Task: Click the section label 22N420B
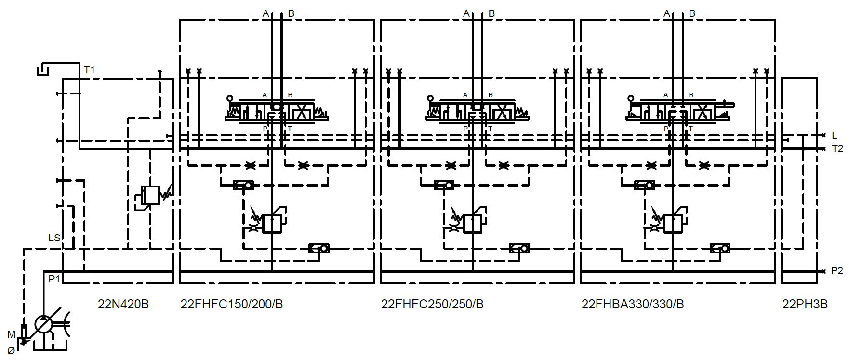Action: pos(123,305)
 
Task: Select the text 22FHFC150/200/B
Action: pos(232,305)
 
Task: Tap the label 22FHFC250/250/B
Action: pos(432,305)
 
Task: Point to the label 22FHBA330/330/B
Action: pos(633,305)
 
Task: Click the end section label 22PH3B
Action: pos(805,305)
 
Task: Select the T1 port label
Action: pos(90,70)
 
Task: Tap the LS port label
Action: pos(54,238)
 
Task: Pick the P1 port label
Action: pos(54,279)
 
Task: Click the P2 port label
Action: pos(837,271)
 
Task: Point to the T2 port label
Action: pos(837,148)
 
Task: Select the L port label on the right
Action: pos(834,135)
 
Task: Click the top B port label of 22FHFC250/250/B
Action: pos(492,13)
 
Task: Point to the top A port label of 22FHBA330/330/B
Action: pos(667,13)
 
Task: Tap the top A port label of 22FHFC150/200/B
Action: pos(265,13)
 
